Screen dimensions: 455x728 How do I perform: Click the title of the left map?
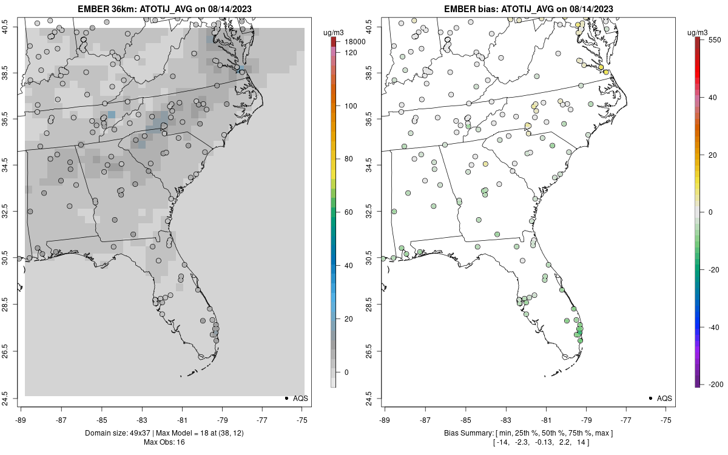(x=164, y=9)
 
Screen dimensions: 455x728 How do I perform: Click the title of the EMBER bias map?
(x=528, y=9)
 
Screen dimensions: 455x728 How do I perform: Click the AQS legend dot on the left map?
(x=286, y=399)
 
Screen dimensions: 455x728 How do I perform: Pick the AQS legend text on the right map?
(x=664, y=399)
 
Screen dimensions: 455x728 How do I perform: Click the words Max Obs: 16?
(x=164, y=442)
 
